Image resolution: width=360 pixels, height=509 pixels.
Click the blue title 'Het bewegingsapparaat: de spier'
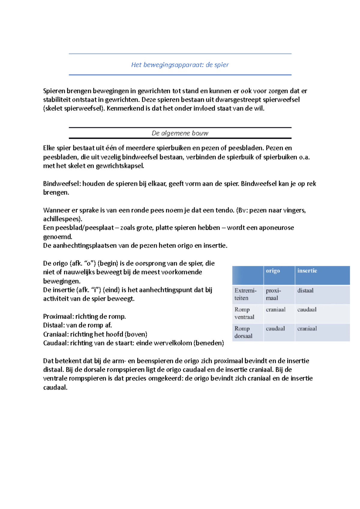pos(180,65)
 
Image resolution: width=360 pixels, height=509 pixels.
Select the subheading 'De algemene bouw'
pos(180,133)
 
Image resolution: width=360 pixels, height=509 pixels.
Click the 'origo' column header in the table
pos(273,271)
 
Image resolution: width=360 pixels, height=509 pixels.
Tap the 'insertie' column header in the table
pos(307,271)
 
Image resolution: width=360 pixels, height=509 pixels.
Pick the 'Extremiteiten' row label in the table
pos(245,294)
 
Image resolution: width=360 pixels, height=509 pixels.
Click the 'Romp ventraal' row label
pos(244,313)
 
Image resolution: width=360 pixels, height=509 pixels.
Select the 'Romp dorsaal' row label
pos(243,332)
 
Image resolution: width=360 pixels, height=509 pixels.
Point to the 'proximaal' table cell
pos(273,294)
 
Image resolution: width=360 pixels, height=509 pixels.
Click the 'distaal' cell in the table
pos(305,290)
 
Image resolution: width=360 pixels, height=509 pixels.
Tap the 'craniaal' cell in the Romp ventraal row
pos(275,309)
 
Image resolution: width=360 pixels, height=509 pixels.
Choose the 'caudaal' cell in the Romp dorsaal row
pos(275,329)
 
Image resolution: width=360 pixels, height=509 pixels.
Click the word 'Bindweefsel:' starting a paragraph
pos(61,184)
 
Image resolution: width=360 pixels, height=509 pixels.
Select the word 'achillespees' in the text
pos(61,219)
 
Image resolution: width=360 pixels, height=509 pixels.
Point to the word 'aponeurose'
pos(277,228)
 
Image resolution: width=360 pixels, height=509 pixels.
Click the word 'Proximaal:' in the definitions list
pos(58,317)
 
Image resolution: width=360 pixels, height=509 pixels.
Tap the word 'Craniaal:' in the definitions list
pos(56,334)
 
